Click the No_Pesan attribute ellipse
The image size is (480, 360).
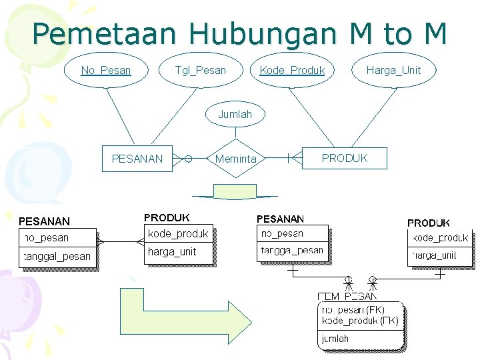[105, 70]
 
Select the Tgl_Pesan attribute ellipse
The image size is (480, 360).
[200, 70]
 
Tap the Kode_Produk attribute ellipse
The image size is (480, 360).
[292, 70]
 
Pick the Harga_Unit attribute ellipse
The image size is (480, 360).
[393, 70]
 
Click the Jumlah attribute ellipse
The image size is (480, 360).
[235, 114]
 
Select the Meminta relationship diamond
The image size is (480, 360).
[235, 159]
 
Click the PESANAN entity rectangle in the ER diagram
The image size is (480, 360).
[137, 159]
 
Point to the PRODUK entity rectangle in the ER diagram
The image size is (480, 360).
[344, 158]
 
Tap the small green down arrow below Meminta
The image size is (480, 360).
[235, 193]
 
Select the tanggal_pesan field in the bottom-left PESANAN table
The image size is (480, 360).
[57, 257]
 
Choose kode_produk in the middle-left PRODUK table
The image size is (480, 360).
[178, 233]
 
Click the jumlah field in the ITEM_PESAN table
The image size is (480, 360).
[335, 339]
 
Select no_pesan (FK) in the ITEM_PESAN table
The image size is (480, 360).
[353, 310]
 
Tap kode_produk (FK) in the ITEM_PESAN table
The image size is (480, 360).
[360, 321]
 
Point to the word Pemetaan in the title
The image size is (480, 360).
[105, 33]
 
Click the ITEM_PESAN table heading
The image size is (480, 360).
[347, 296]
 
